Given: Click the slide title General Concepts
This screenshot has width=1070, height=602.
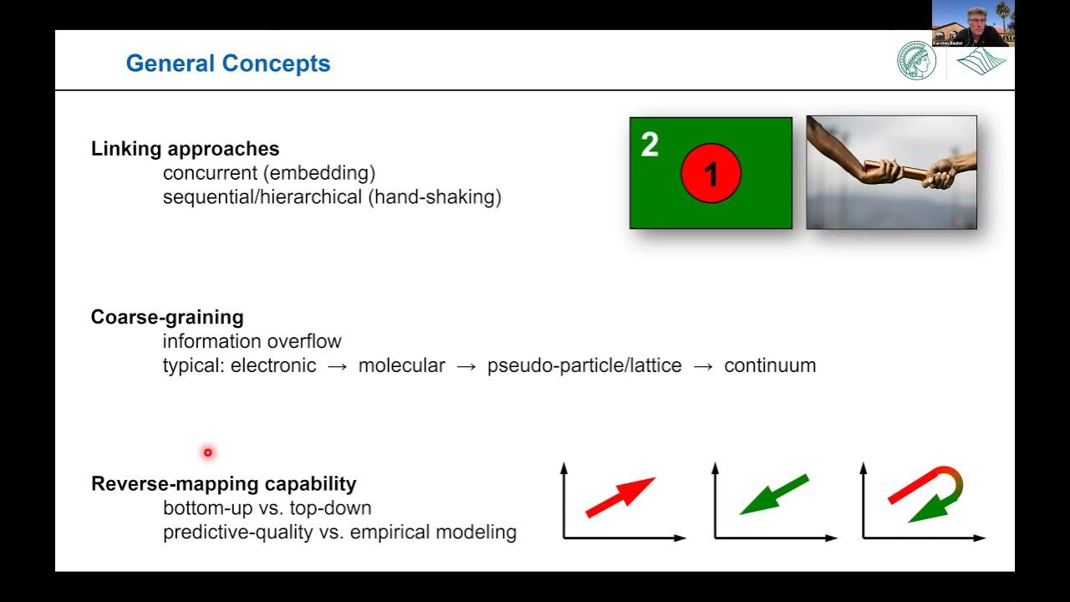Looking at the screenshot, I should pyautogui.click(x=227, y=64).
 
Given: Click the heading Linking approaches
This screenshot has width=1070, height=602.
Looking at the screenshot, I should pyautogui.click(x=185, y=149).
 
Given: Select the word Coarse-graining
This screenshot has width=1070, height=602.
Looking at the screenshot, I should pyautogui.click(x=167, y=318).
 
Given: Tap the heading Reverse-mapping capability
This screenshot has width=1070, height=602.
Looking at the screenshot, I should pyautogui.click(x=223, y=484).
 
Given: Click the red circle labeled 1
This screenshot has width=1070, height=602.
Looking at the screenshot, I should pyautogui.click(x=711, y=173).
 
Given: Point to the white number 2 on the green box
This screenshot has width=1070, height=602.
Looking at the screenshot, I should pyautogui.click(x=650, y=145).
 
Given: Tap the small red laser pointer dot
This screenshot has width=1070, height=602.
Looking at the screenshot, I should pyautogui.click(x=207, y=452).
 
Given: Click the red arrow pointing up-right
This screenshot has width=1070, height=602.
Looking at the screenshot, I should pyautogui.click(x=621, y=497).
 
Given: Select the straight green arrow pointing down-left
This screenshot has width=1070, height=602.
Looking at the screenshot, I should pyautogui.click(x=774, y=495).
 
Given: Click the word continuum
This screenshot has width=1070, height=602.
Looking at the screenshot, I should pyautogui.click(x=770, y=365).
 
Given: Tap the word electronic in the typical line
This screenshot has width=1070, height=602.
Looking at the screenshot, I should pyautogui.click(x=273, y=365).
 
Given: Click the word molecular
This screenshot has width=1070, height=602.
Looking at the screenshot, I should pyautogui.click(x=401, y=365).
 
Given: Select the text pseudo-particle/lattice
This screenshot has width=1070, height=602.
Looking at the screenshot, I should pyautogui.click(x=584, y=365).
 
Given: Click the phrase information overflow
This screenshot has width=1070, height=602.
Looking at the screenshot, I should pyautogui.click(x=252, y=341).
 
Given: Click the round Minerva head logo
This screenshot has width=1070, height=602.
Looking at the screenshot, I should pyautogui.click(x=917, y=61).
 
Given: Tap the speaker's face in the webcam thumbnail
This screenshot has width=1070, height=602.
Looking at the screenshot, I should pyautogui.click(x=975, y=20).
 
